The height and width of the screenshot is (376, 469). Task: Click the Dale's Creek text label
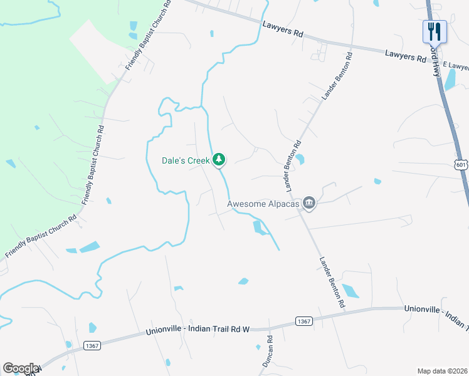(x=185, y=160)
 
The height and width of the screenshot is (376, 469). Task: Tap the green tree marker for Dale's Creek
(x=219, y=160)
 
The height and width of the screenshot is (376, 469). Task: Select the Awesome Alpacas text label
(x=263, y=203)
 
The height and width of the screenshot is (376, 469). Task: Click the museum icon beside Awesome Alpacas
(x=308, y=202)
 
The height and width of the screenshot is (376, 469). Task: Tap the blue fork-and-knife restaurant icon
(x=434, y=31)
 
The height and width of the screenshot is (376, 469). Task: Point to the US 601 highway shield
(x=461, y=164)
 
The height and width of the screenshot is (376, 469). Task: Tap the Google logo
(x=20, y=369)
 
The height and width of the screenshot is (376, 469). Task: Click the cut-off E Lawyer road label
(x=455, y=65)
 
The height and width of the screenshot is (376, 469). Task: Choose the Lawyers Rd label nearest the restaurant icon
(x=405, y=56)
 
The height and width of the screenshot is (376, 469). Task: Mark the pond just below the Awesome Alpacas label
(x=258, y=227)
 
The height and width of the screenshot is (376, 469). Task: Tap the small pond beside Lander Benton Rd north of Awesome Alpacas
(x=300, y=159)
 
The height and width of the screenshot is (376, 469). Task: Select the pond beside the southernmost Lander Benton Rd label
(x=350, y=291)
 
